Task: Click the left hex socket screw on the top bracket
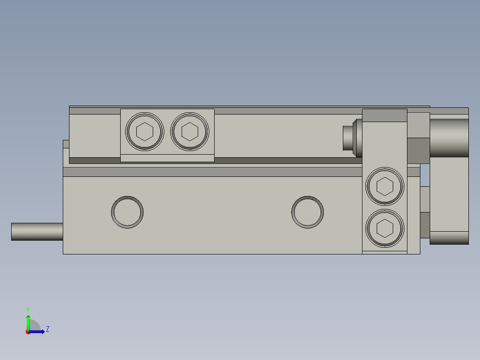pyautogui.click(x=145, y=131)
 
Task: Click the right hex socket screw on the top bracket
pyautogui.click(x=190, y=131)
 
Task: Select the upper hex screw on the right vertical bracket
pyautogui.click(x=385, y=186)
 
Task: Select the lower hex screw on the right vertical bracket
pyautogui.click(x=385, y=228)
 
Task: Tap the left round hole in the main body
pyautogui.click(x=127, y=212)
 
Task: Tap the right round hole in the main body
pyautogui.click(x=307, y=212)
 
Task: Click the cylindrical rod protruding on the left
pyautogui.click(x=37, y=232)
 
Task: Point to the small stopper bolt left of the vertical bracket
pyautogui.click(x=350, y=138)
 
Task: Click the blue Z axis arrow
pyautogui.click(x=38, y=331)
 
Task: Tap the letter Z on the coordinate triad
pyautogui.click(x=47, y=329)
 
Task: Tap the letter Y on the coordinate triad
pyautogui.click(x=28, y=309)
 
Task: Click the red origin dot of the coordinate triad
pyautogui.click(x=28, y=332)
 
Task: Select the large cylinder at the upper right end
pyautogui.click(x=449, y=138)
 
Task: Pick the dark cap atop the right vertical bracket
pyautogui.click(x=385, y=115)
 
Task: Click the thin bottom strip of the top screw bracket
pyautogui.click(x=167, y=158)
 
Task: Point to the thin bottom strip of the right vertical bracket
pyautogui.click(x=385, y=253)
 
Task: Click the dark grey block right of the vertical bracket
pyautogui.click(x=419, y=151)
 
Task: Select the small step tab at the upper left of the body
pyautogui.click(x=66, y=144)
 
